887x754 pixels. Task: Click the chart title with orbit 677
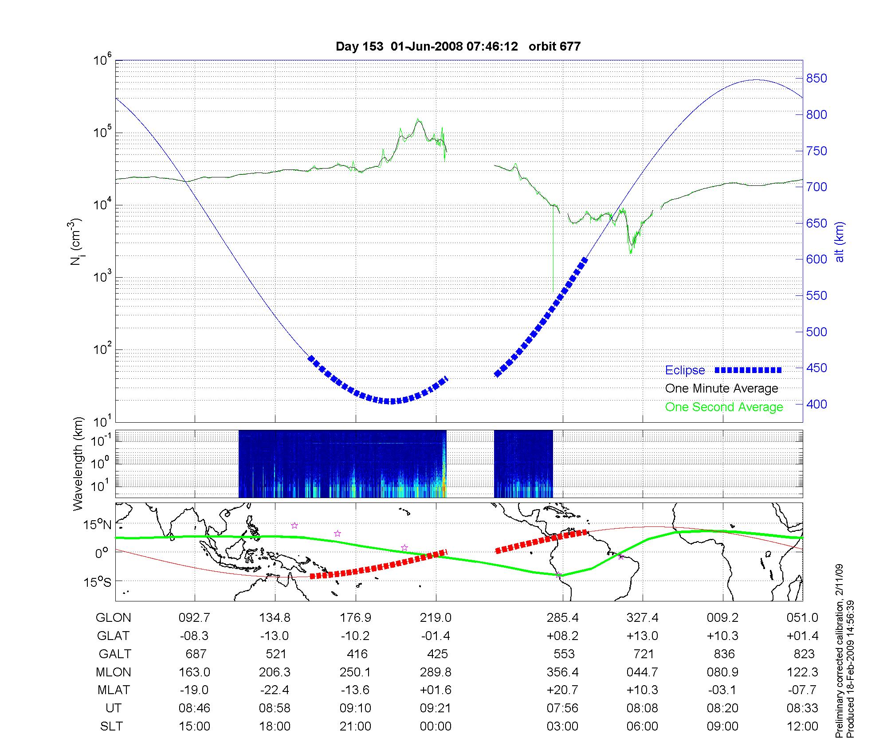coord(458,47)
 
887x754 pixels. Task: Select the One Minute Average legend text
coord(722,389)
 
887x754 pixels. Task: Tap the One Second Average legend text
coord(724,407)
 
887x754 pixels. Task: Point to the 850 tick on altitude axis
coord(816,79)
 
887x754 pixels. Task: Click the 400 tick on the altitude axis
coord(816,404)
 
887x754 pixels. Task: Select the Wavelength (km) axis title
coord(78,463)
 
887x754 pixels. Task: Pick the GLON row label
coord(114,617)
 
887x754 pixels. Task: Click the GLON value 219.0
coord(436,617)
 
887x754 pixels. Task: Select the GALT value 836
coord(723,654)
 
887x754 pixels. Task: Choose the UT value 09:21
coord(436,708)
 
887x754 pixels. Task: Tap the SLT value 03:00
coord(562,726)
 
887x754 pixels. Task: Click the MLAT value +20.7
coord(562,690)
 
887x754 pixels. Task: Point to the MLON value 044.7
coord(642,672)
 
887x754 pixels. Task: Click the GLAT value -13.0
coord(275,636)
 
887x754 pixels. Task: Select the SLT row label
coord(111,726)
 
